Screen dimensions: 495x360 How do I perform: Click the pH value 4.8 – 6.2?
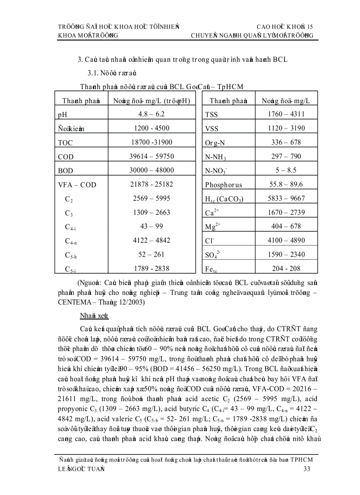pyautogui.click(x=151, y=114)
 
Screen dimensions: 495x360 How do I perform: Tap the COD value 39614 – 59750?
pyautogui.click(x=151, y=156)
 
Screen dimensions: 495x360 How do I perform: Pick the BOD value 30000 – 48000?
pyautogui.click(x=151, y=171)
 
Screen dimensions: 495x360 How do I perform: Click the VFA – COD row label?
pyautogui.click(x=76, y=185)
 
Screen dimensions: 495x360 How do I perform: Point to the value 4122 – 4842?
pyautogui.click(x=151, y=240)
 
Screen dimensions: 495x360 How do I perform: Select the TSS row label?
pyautogui.click(x=212, y=115)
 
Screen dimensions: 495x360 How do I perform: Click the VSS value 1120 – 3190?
pyautogui.click(x=285, y=128)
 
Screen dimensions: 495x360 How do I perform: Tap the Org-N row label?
pyautogui.click(x=216, y=143)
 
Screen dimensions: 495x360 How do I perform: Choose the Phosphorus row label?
pyautogui.click(x=223, y=185)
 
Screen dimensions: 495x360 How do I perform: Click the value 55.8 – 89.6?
pyautogui.click(x=285, y=184)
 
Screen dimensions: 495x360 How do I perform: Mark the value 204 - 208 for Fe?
pyautogui.click(x=285, y=268)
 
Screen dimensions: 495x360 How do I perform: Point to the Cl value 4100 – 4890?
pyautogui.click(x=285, y=240)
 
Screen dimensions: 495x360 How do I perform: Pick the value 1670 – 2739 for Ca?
pyautogui.click(x=285, y=212)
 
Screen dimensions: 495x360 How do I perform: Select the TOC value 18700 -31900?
pyautogui.click(x=151, y=142)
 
